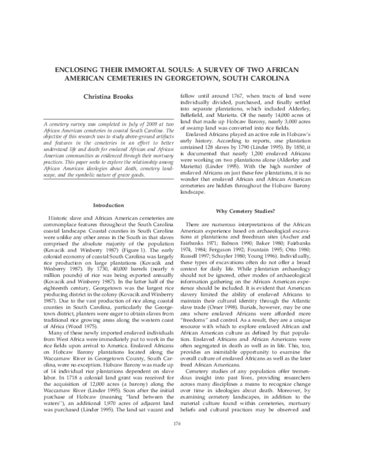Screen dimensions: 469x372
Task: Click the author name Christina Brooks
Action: point(108,96)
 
